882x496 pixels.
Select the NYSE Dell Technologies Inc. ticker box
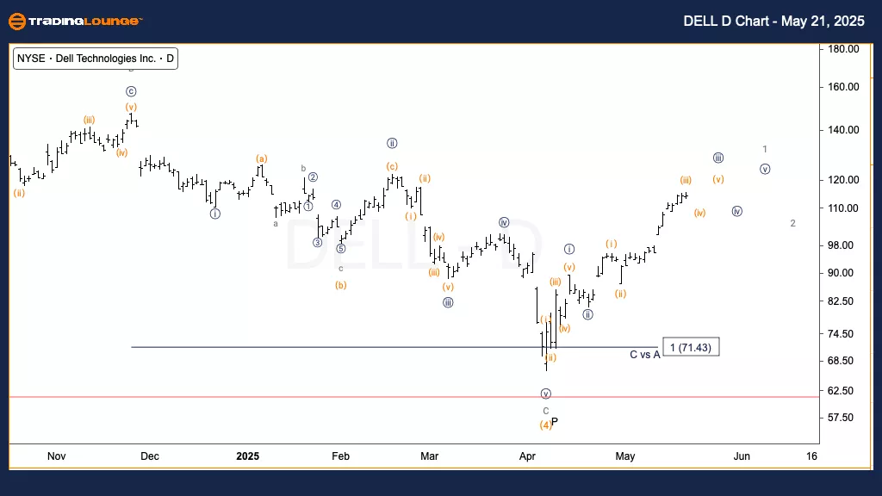96,59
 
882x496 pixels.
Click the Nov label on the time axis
56,456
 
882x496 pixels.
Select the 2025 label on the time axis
247,456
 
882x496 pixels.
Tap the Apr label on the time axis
528,456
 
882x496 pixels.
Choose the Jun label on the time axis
741,456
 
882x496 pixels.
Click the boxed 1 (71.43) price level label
690,347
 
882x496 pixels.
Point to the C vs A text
644,354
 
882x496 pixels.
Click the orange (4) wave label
545,425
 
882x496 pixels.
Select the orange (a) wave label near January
261,158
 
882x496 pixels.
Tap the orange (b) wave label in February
341,285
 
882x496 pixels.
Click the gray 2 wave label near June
792,223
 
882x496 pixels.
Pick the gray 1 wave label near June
765,149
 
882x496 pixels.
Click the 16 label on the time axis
811,456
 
